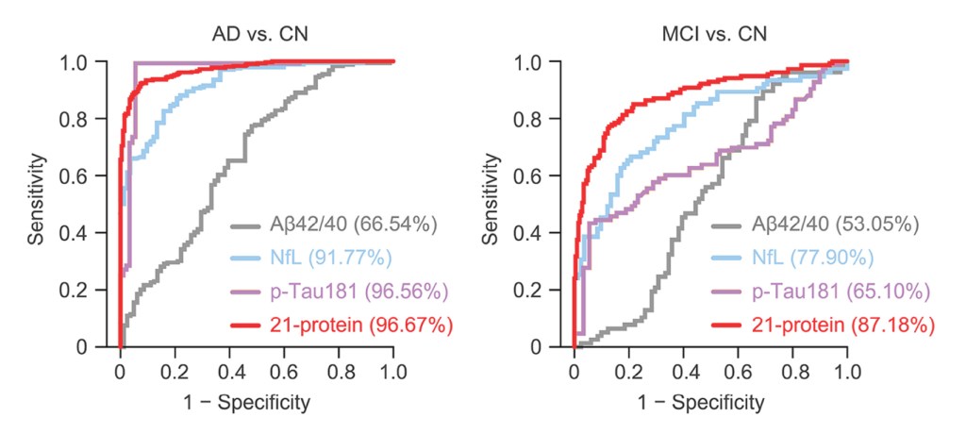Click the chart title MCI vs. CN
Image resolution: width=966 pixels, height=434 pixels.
(713, 34)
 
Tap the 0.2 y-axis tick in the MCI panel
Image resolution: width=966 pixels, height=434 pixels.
(531, 291)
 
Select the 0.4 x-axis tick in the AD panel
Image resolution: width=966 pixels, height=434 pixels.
(229, 370)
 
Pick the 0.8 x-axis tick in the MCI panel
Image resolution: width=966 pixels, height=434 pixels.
(792, 370)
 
